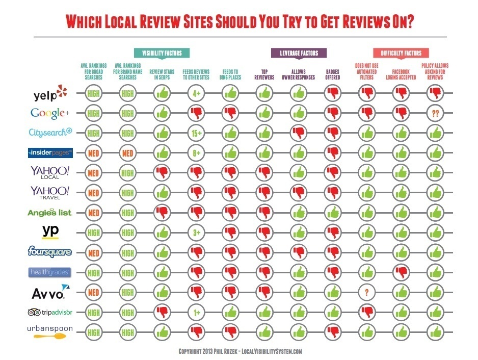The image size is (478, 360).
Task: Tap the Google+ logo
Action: [49, 112]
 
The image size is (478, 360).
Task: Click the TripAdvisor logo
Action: [50, 313]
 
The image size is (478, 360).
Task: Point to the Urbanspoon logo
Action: [50, 331]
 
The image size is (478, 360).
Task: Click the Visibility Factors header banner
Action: [162, 53]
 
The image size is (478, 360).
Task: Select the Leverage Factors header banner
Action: [298, 53]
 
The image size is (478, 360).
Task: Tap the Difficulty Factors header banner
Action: [401, 53]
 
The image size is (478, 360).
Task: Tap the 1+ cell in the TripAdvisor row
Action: [197, 313]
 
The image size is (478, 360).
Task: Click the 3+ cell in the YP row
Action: [197, 233]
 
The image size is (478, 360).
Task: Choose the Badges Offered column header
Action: [333, 75]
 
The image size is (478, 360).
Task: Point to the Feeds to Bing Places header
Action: [230, 75]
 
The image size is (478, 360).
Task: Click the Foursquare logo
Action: [50, 252]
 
